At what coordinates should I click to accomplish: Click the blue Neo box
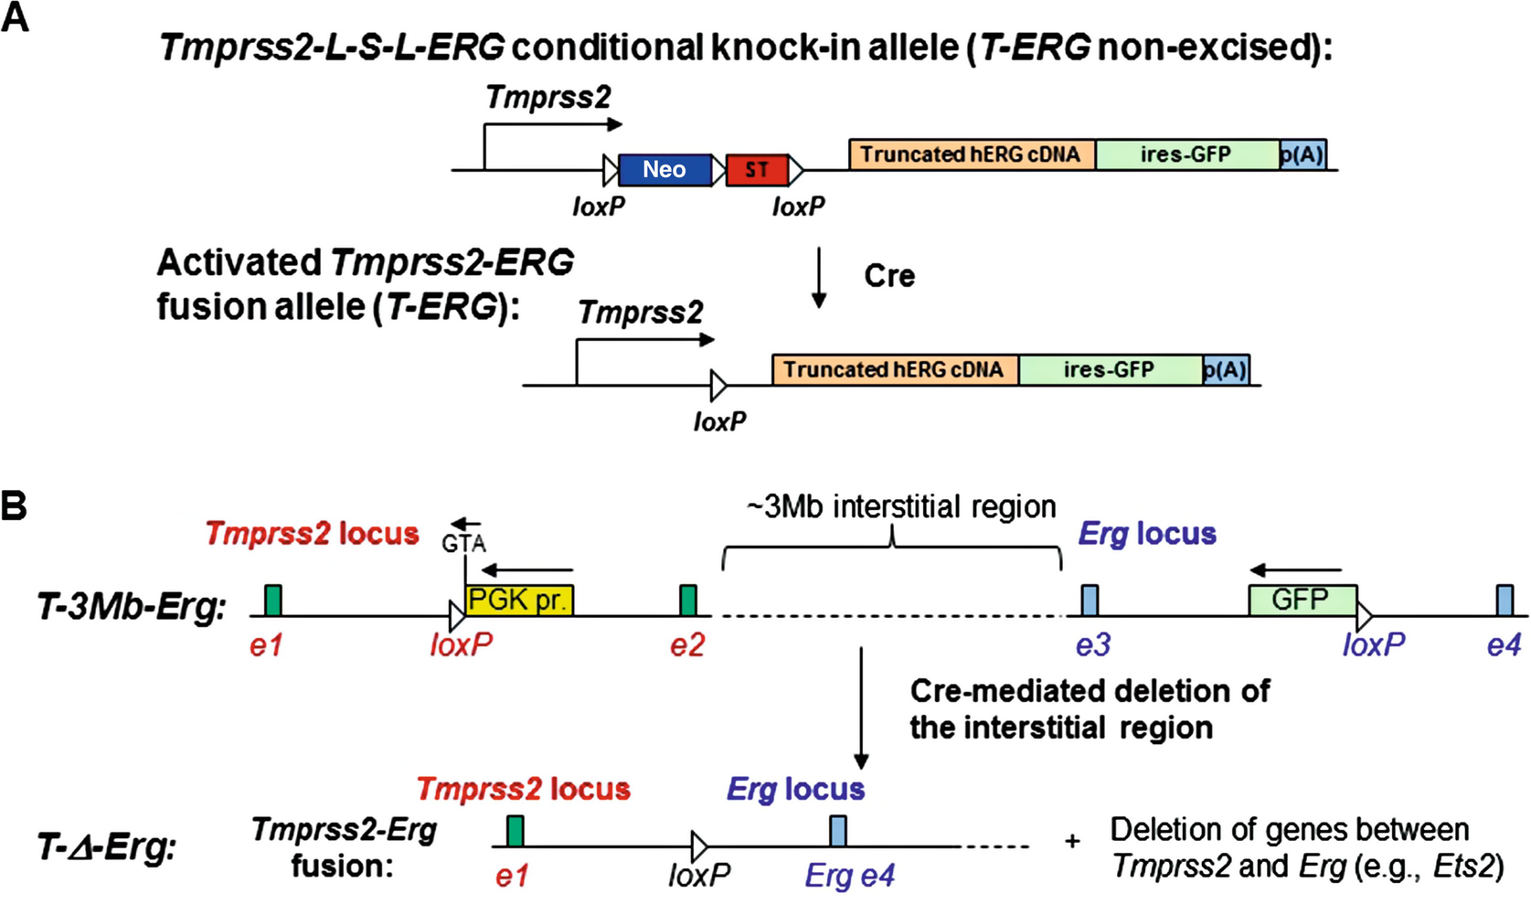click(x=664, y=170)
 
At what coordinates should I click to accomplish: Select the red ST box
click(x=757, y=170)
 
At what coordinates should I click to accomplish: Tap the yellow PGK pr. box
click(x=518, y=600)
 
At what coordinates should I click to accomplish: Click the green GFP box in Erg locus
click(x=1301, y=600)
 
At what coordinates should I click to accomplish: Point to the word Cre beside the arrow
click(x=889, y=275)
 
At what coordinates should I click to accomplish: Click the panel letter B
click(x=15, y=505)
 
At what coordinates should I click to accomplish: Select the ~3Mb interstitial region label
click(x=901, y=506)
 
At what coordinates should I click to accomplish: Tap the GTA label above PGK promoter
click(x=463, y=544)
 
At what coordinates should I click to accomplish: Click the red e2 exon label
click(x=687, y=645)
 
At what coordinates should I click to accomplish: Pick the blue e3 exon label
click(x=1092, y=645)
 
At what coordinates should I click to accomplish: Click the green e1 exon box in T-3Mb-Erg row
click(x=272, y=601)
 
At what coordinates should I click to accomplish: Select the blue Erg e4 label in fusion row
click(x=849, y=876)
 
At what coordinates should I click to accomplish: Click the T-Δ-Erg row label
click(x=106, y=847)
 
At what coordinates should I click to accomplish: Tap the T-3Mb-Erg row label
click(x=131, y=606)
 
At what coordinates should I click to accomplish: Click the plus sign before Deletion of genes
click(x=1072, y=840)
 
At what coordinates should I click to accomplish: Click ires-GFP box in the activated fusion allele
click(x=1109, y=369)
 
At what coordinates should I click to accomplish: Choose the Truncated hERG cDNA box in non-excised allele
click(x=971, y=154)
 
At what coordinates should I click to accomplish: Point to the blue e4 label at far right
click(x=1503, y=645)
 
